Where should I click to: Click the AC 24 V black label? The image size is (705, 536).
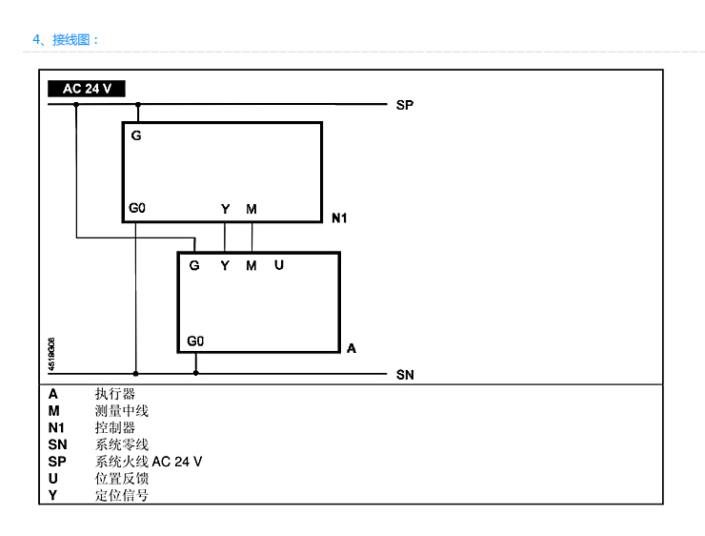pos(87,89)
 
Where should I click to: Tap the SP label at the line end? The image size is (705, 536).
pos(405,104)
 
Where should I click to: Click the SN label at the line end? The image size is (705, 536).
pos(405,375)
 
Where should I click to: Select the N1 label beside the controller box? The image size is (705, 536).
pos(339,218)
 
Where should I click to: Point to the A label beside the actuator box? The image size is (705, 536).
pos(352,349)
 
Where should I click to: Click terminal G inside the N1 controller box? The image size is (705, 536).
pos(136,135)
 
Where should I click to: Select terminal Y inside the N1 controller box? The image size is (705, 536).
pos(226,209)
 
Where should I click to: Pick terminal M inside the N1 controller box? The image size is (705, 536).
pos(251,209)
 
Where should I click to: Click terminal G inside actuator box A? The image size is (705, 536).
pos(194,265)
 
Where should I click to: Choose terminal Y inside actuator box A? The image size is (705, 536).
pos(226,265)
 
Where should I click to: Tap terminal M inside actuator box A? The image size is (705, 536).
pos(252,265)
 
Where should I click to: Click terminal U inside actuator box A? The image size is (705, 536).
pos(279,265)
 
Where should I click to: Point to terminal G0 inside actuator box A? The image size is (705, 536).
pos(195,340)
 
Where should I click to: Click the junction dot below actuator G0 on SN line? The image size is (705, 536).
pos(196,373)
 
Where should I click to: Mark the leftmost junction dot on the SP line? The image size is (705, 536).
pos(77,104)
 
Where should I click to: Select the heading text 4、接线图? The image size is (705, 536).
pos(66,40)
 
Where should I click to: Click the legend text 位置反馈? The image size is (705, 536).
pos(122,479)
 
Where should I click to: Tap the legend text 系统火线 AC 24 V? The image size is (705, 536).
pos(149,462)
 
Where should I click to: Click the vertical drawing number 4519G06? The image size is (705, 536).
pos(51,349)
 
